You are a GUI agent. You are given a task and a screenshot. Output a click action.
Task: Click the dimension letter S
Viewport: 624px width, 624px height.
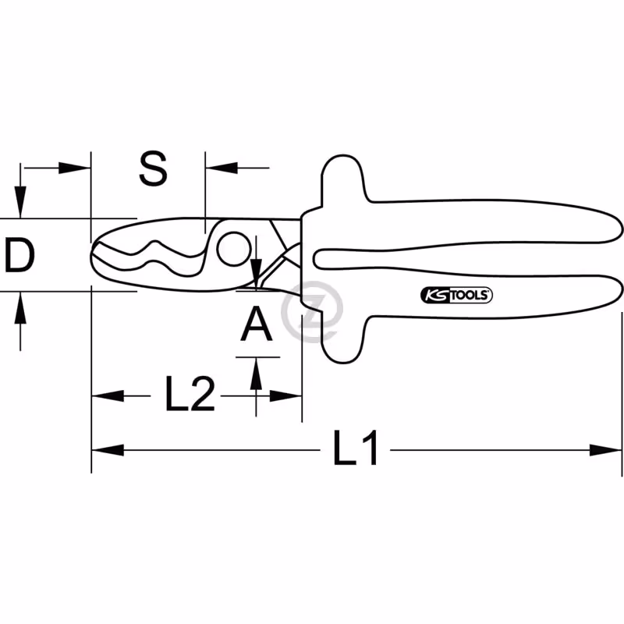[153, 168]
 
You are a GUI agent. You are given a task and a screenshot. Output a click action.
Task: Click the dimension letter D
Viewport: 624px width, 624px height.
[19, 255]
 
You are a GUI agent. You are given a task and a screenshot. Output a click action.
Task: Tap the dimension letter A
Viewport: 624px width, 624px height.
[257, 324]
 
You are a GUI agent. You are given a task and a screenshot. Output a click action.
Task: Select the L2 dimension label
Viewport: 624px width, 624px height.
[190, 394]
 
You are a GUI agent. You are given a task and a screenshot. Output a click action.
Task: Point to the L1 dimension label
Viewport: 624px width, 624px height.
[356, 447]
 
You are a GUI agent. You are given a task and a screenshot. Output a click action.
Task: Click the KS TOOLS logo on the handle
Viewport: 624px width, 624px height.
[456, 295]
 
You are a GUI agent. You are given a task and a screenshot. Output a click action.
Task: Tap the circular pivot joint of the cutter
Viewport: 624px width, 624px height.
[234, 249]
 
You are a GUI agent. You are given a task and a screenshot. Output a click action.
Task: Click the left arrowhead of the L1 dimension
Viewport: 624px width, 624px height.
[108, 451]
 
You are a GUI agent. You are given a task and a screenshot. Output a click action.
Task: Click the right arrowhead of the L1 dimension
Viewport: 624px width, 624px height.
[605, 451]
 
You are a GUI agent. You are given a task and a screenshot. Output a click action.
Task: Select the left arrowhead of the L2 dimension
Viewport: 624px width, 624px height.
[108, 396]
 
